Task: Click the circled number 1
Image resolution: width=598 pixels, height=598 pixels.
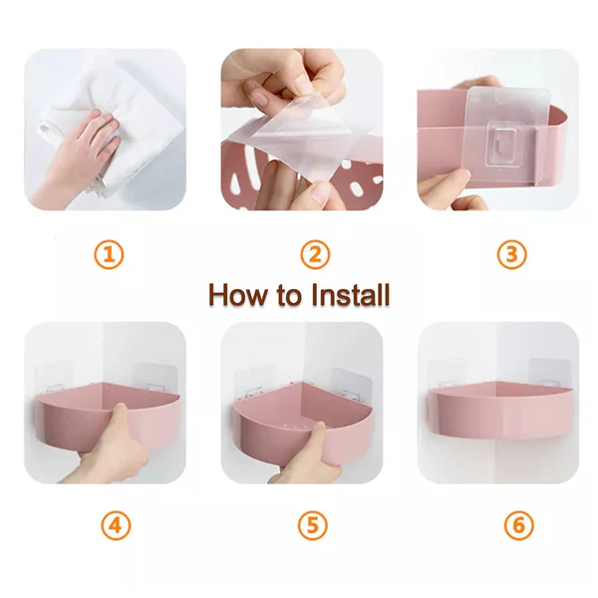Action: [x=109, y=254]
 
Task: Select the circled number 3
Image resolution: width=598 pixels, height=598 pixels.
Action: [x=512, y=254]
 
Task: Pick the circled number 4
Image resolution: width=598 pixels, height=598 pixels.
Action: [x=116, y=525]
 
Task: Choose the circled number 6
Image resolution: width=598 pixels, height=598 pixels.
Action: [x=517, y=525]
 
